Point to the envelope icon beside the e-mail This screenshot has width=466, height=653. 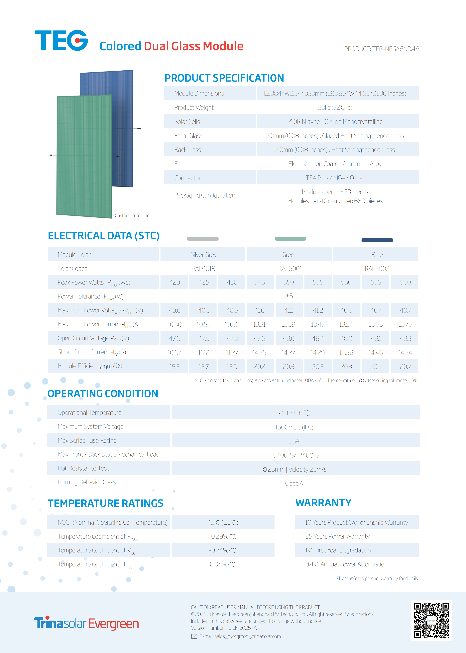(194, 636)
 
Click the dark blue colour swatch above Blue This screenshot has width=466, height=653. (377, 240)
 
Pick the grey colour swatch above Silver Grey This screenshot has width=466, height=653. (203, 238)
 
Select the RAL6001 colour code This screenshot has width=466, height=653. (290, 269)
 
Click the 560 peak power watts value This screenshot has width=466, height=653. (405, 282)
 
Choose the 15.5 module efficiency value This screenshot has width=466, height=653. (175, 367)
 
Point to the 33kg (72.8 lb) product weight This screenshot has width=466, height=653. (335, 107)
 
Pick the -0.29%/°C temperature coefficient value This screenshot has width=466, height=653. (223, 536)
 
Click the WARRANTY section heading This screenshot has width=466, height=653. (323, 503)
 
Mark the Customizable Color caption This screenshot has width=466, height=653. (133, 216)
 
